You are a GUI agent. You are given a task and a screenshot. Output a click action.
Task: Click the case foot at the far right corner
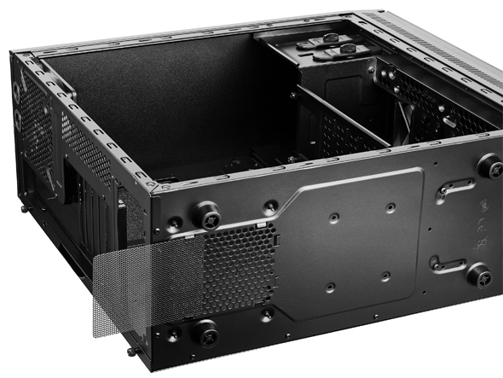pos(489,165)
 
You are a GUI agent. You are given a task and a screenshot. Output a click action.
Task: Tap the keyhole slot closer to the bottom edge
pos(448,263)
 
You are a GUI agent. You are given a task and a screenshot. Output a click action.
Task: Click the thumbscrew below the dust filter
pos(130,350)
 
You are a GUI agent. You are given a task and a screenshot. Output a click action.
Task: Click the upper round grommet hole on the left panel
pos(18,93)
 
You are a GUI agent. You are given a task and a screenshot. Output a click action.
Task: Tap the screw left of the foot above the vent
pos(175,224)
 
